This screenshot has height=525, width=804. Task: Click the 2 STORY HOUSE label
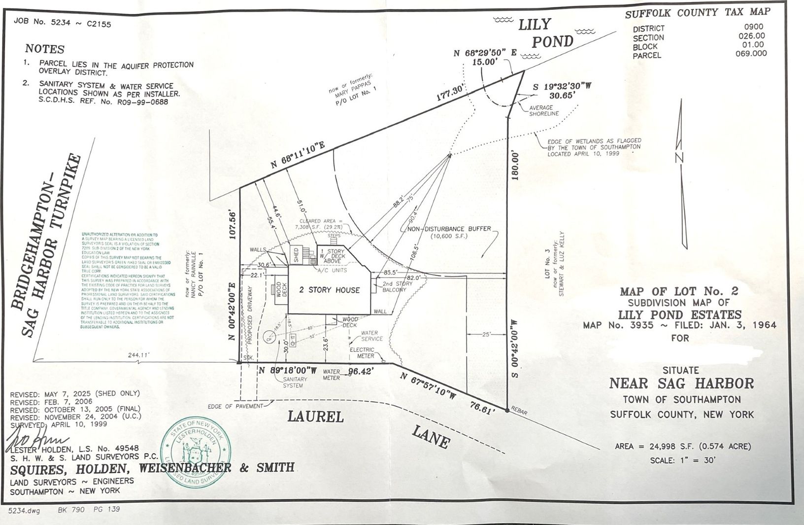[x=330, y=290]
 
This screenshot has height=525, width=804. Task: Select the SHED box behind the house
[x=296, y=254]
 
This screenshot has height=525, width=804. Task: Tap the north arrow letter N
[x=680, y=158]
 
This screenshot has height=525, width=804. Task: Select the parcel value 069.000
[x=751, y=54]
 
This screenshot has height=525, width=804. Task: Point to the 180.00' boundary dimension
[x=515, y=166]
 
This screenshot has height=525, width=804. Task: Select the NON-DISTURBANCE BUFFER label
[x=449, y=229]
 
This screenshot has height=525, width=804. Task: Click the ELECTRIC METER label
[x=362, y=352]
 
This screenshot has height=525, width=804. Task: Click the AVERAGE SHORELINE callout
[x=544, y=110]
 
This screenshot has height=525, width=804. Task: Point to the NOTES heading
[x=45, y=49]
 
